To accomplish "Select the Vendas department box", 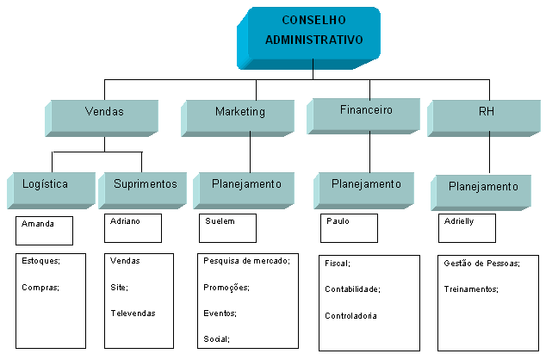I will click(104, 112).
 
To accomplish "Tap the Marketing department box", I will click(240, 112).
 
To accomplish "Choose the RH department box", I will click(486, 111).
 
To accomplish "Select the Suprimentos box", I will click(144, 183).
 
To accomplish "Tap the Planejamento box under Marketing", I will click(246, 183).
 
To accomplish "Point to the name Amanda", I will click(38, 224).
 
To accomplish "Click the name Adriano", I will click(125, 221).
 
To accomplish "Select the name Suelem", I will click(219, 221).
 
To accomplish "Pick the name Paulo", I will click(338, 221).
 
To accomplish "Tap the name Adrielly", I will click(459, 221).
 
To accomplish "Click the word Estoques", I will click(40, 260).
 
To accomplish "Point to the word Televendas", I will click(133, 313).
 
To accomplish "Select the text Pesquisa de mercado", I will click(246, 260).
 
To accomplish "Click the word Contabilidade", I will click(352, 289).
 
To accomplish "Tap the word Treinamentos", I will click(471, 289).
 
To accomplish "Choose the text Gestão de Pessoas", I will click(481, 264).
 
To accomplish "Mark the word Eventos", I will click(220, 313).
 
